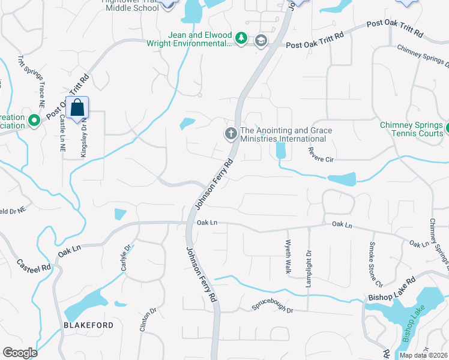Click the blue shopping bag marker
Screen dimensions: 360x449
78,109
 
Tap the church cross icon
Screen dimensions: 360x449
231,134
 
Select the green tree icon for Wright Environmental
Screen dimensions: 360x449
241,38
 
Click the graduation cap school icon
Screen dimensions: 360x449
261,41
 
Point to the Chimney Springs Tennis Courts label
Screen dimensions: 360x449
411,129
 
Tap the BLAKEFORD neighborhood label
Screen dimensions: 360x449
88,325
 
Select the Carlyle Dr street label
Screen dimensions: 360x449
126,257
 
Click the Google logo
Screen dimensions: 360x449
20,353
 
